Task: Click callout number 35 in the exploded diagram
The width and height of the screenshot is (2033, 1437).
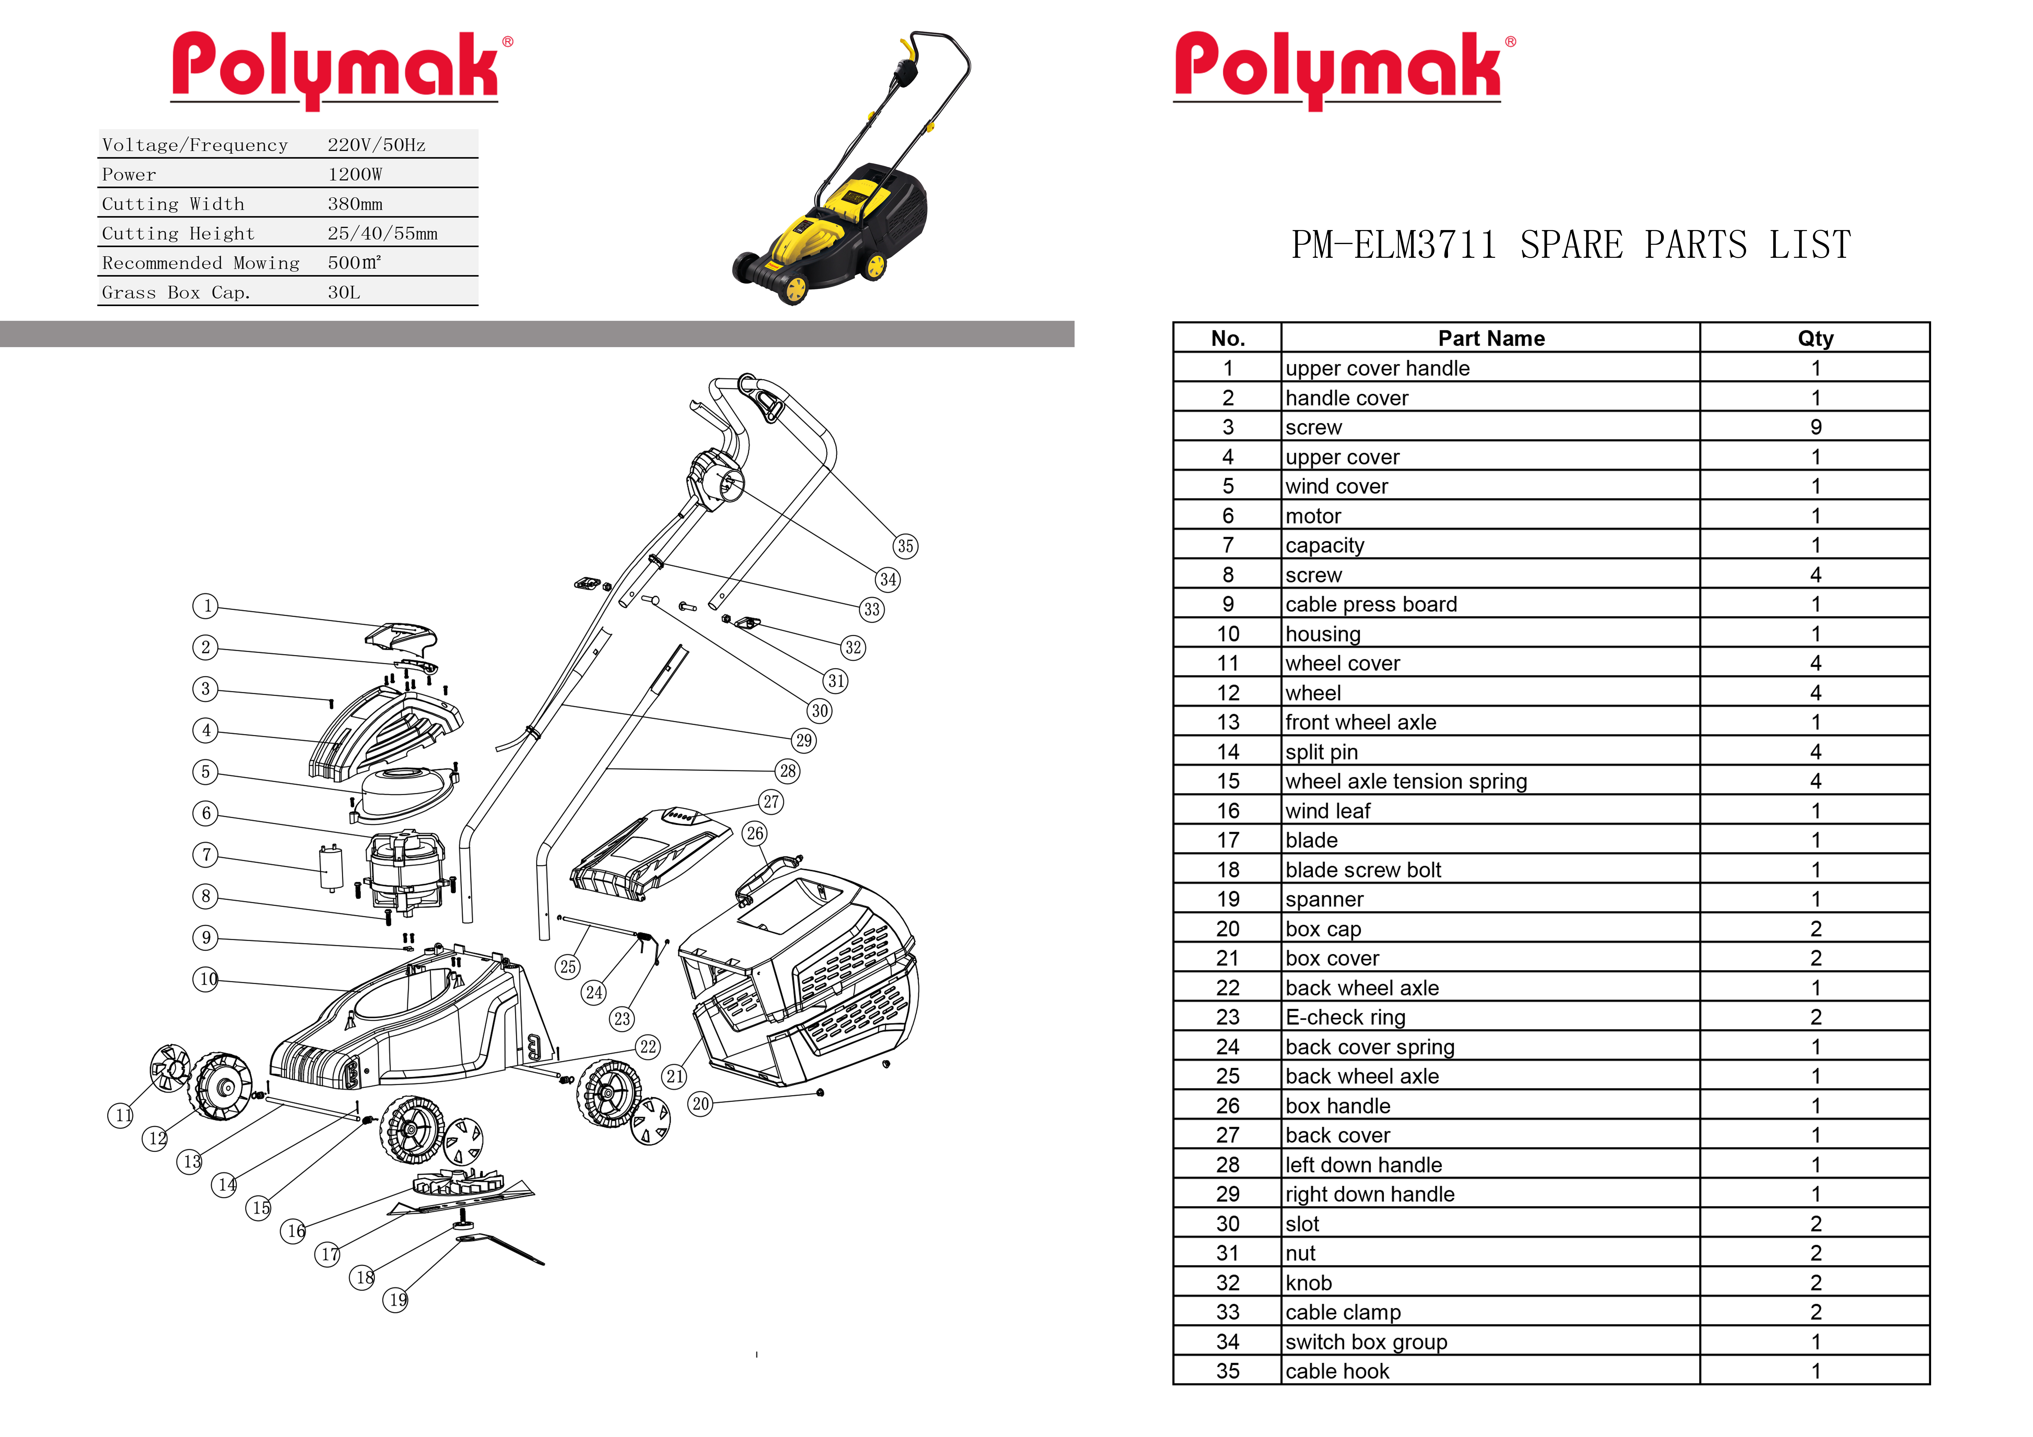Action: (x=905, y=546)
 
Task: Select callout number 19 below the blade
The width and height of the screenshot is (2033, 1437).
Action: (x=396, y=1300)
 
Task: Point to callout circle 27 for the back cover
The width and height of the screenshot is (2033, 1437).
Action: (x=771, y=802)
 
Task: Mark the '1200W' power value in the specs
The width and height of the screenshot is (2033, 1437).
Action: (x=355, y=175)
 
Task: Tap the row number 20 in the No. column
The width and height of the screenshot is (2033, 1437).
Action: (x=1227, y=929)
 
